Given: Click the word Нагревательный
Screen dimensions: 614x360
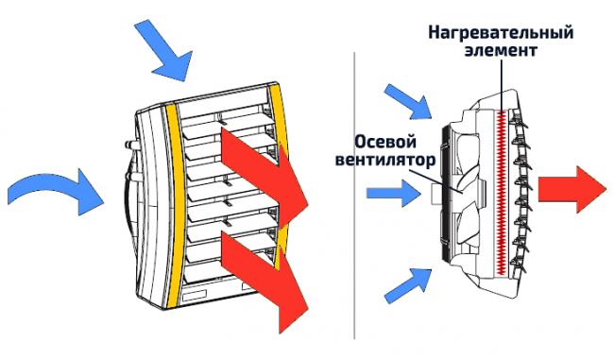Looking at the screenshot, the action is point(501,33).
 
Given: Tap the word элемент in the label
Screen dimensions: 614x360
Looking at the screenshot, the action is point(501,51).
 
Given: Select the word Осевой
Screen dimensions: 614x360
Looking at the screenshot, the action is point(385,142).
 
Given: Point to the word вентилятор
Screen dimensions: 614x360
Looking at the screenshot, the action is point(385,161).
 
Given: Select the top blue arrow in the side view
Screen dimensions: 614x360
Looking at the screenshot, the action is point(408,101).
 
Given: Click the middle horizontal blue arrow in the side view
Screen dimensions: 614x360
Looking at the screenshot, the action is point(394,193).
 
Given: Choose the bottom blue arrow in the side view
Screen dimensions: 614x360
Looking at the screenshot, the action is point(408,285).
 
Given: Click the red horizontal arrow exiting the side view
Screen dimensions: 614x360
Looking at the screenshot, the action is point(572,189).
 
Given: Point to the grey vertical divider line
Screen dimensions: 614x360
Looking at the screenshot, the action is point(355,195).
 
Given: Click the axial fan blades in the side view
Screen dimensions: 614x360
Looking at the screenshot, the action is point(462,192).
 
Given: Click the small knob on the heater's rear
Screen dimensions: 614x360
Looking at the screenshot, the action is point(130,145).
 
